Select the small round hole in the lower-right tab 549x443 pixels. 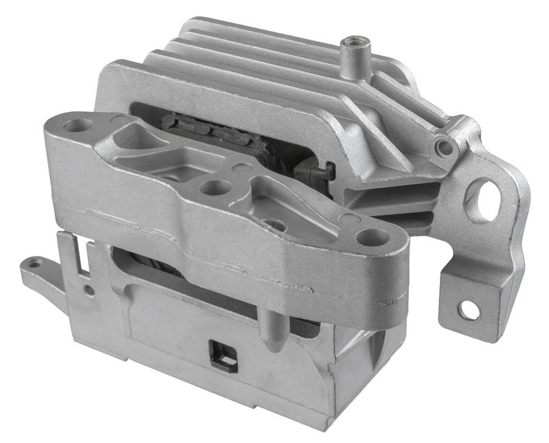(x=469, y=310)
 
